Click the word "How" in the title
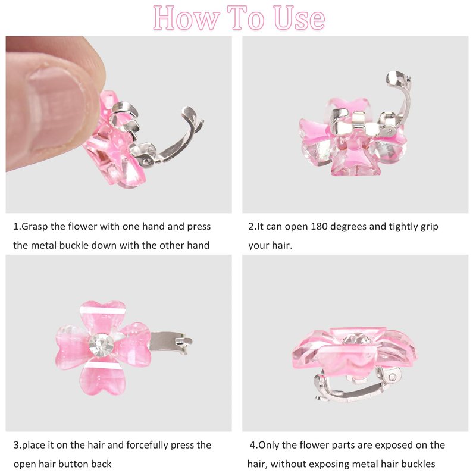click(186, 18)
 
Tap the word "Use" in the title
click(299, 18)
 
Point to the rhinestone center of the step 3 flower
click(101, 345)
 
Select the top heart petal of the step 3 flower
click(102, 317)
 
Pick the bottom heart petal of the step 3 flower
click(102, 377)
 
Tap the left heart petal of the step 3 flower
click(72, 347)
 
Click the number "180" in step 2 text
click(319, 227)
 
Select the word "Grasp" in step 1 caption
click(35, 227)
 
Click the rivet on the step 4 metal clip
click(392, 377)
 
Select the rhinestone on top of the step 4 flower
click(357, 339)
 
